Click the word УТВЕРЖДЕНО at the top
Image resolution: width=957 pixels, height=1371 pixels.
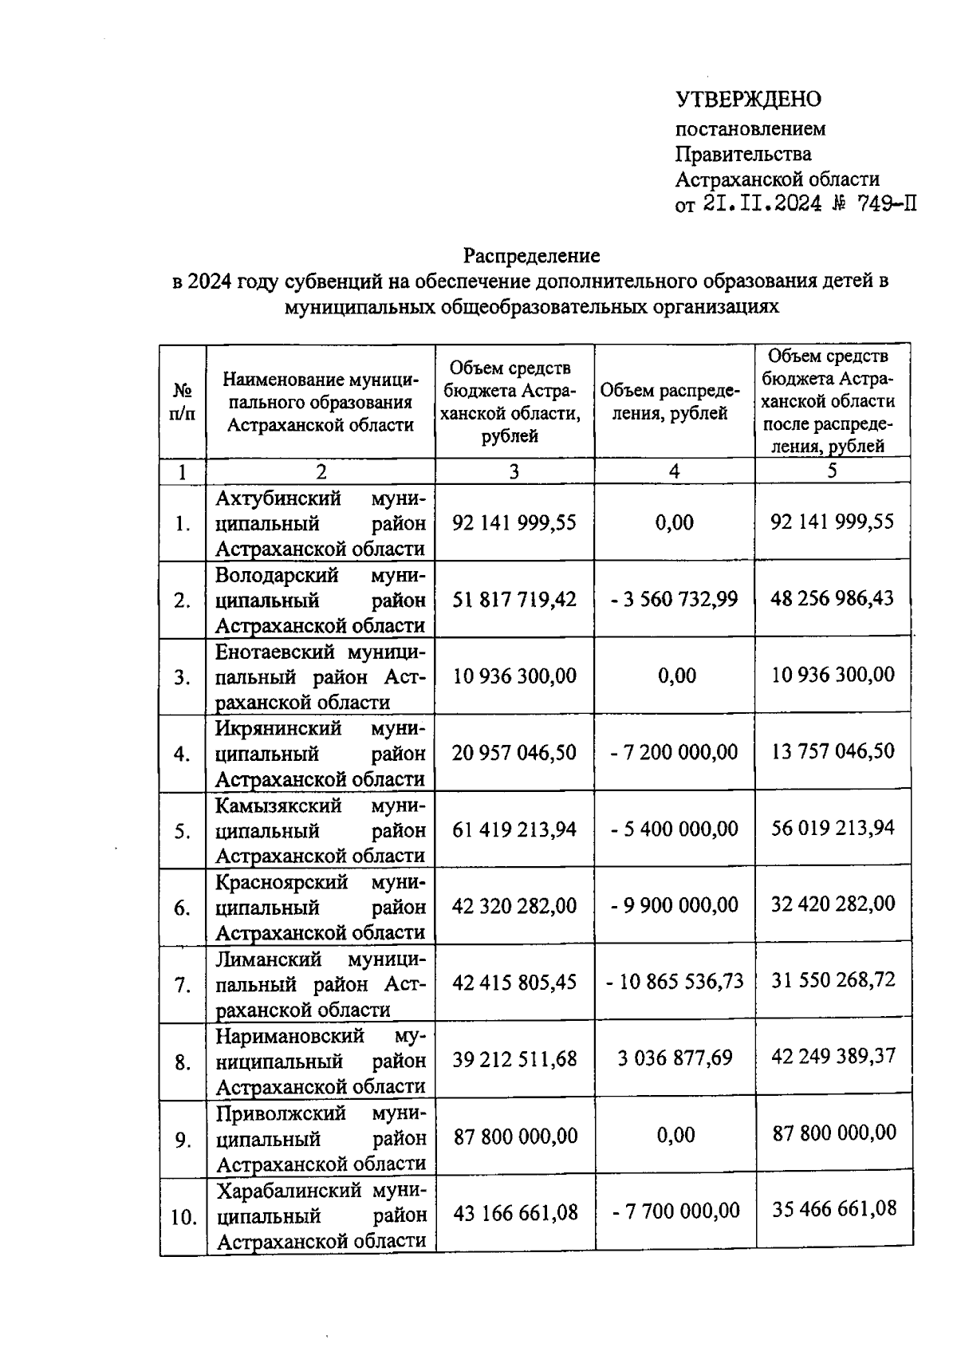(748, 100)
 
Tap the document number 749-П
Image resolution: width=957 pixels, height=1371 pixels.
(885, 204)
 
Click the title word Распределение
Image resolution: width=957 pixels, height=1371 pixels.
(532, 256)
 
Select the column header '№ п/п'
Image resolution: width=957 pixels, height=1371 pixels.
(183, 402)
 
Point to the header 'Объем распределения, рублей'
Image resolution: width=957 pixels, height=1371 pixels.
(674, 402)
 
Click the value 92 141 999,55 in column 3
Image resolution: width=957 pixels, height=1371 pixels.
(514, 522)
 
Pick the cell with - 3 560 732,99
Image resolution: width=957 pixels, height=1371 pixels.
(675, 598)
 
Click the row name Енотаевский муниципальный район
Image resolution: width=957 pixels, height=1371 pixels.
(321, 676)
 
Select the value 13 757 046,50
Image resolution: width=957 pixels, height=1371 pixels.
(833, 751)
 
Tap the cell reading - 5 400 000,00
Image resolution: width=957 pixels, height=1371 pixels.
(675, 829)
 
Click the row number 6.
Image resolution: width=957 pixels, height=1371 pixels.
(183, 908)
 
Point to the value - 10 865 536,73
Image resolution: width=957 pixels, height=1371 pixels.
(675, 981)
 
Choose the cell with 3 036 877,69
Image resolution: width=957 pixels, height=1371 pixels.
(675, 1058)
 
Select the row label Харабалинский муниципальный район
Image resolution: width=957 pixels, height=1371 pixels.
(321, 1215)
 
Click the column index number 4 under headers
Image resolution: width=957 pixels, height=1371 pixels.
(674, 471)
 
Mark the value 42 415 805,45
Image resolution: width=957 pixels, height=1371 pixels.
(514, 982)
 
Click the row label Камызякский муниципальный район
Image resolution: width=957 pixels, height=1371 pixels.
(321, 830)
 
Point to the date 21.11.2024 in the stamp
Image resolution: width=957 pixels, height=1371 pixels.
(762, 204)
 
